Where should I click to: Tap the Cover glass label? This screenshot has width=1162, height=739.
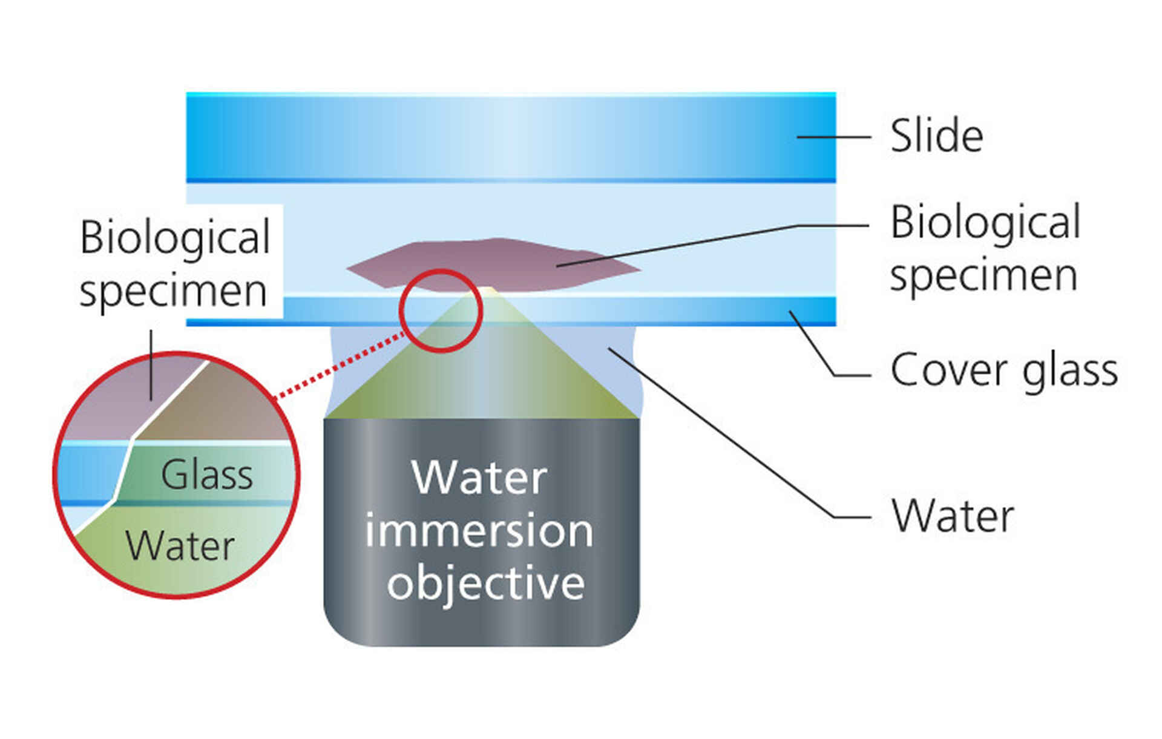pyautogui.click(x=1003, y=370)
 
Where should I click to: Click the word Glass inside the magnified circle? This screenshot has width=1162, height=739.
pyautogui.click(x=206, y=475)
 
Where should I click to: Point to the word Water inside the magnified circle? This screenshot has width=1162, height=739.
pyautogui.click(x=180, y=546)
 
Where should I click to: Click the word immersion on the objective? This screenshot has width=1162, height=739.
pyautogui.click(x=479, y=531)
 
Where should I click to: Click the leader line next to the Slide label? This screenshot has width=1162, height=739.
pyautogui.click(x=833, y=137)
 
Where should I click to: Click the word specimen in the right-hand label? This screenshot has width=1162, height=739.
pyautogui.click(x=983, y=275)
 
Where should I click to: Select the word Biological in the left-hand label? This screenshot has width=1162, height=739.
pyautogui.click(x=175, y=237)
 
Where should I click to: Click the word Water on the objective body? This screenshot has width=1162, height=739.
pyautogui.click(x=479, y=478)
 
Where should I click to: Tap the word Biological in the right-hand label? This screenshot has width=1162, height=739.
pyautogui.click(x=985, y=222)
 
